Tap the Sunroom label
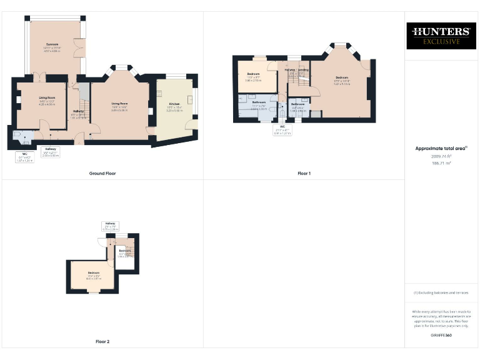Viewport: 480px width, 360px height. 52,45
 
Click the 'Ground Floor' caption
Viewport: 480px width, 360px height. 102,173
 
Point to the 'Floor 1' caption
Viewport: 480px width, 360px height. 304,173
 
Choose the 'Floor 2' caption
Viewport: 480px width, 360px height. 102,342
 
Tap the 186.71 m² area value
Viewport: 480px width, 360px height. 441,162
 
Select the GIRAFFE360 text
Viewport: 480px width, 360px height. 441,336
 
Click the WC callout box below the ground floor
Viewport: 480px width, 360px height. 25,156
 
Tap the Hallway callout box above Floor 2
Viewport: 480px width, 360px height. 111,226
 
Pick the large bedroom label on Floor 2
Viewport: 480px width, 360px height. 93,274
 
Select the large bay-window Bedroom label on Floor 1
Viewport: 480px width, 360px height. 341,78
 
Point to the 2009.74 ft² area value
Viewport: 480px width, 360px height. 441,156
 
